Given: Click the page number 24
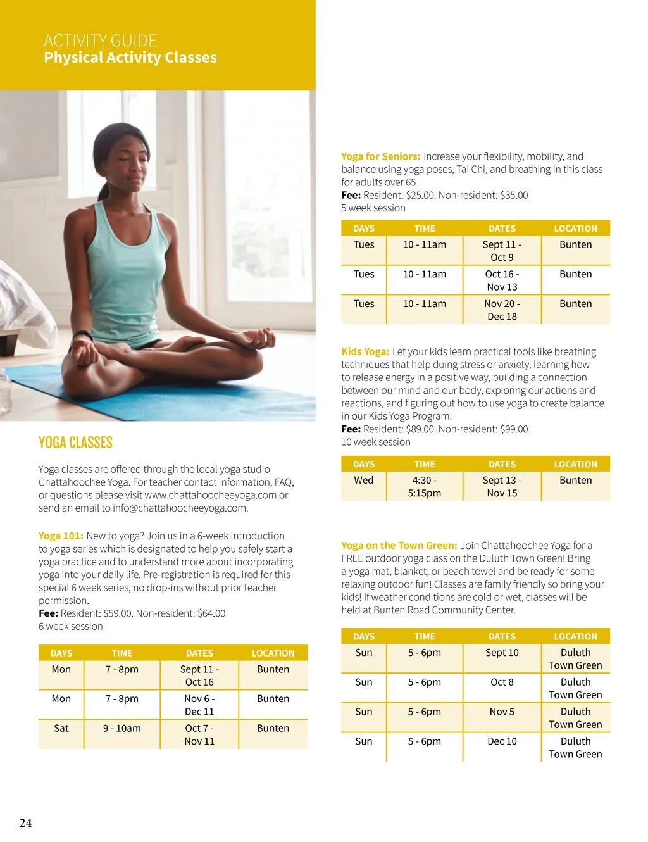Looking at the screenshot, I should tap(25, 823).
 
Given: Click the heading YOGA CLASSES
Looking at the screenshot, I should tap(75, 443).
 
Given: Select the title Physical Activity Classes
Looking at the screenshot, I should tap(130, 58).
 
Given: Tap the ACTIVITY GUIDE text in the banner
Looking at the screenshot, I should tap(100, 41).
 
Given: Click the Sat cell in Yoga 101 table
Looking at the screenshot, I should tap(61, 728).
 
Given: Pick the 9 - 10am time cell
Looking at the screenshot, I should tap(122, 728).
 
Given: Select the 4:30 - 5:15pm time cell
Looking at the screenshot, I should tap(425, 486).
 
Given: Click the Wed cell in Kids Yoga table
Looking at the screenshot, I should tap(364, 480).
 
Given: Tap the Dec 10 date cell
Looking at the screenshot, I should tap(502, 741).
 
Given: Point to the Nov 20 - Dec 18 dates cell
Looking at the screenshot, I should tap(502, 310).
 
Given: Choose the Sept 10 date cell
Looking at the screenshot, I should tap(502, 652).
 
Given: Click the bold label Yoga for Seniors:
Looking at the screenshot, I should tap(380, 156).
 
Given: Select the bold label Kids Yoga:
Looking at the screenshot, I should tap(365, 351).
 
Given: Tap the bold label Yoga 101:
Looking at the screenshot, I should tap(61, 536).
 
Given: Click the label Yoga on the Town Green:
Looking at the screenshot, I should tap(399, 545).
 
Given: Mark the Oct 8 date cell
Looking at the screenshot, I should tap(502, 682).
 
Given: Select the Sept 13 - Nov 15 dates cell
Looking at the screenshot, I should tap(502, 486).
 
